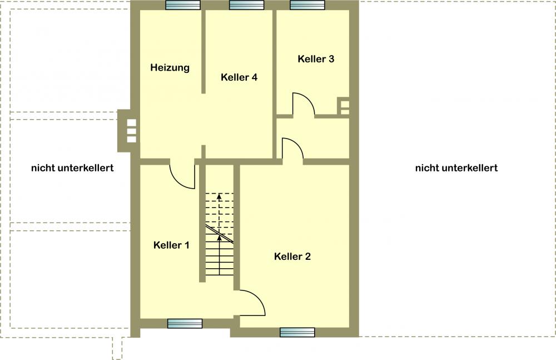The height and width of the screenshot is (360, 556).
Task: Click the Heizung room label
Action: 170,67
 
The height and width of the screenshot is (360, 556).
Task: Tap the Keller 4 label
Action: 239,77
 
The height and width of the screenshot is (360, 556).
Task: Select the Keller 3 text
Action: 316,58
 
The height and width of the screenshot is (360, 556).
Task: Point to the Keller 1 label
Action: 171,245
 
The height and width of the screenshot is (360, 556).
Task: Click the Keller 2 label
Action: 292,257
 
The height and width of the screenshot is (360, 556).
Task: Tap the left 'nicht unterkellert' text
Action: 72,168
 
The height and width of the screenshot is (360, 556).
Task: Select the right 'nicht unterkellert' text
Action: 456,168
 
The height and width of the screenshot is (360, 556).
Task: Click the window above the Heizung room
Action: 183,5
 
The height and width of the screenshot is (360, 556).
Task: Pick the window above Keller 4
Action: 246,5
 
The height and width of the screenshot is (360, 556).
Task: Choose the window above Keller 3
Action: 307,5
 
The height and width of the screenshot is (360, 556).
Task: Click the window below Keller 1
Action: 185,323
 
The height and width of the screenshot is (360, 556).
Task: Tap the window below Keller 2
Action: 297,332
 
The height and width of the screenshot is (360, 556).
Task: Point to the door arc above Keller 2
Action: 298,144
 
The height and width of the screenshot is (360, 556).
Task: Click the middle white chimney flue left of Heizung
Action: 132,131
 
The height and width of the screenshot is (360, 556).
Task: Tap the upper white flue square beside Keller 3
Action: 345,105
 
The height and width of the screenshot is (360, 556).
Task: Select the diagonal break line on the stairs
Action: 220,234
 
